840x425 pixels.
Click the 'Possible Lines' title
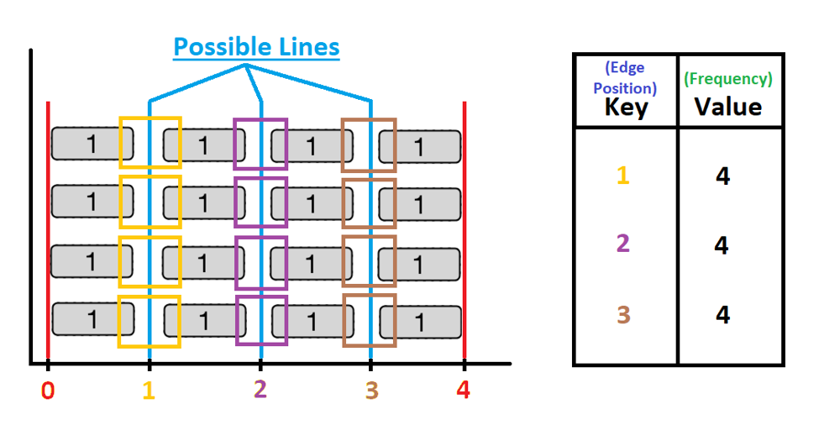256,47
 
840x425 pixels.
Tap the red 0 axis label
48,391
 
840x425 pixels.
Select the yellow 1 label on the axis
149,391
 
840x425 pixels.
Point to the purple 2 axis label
260,389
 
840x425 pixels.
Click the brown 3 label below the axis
370,391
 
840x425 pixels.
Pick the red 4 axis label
464,391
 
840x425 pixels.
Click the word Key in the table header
626,108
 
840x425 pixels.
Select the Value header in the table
728,107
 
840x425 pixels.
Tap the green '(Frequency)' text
728,79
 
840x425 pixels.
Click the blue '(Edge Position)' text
626,78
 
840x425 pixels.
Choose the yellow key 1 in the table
623,176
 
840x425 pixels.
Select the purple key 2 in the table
623,244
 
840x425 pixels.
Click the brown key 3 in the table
623,315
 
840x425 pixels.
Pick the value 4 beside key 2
722,245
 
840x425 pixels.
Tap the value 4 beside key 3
722,315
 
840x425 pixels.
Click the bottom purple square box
261,321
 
